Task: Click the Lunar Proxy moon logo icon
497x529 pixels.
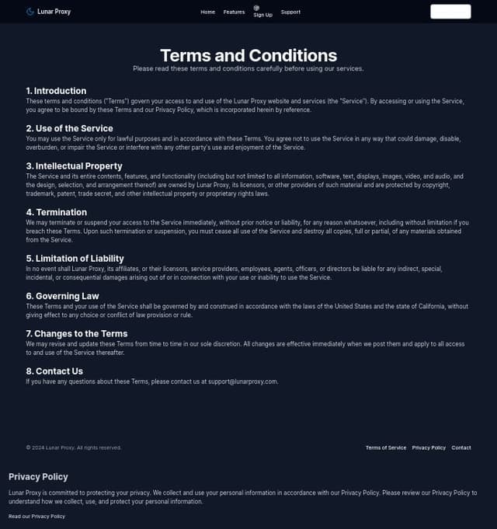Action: pyautogui.click(x=30, y=12)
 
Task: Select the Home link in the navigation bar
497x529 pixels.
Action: pyautogui.click(x=207, y=12)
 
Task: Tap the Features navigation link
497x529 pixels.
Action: pyautogui.click(x=234, y=12)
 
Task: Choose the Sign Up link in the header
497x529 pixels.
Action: pyautogui.click(x=262, y=12)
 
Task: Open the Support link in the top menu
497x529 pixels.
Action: pyautogui.click(x=290, y=12)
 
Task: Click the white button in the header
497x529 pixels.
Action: pyautogui.click(x=450, y=12)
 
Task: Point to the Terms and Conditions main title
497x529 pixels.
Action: pyautogui.click(x=248, y=55)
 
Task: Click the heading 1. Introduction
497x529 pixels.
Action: pyautogui.click(x=56, y=91)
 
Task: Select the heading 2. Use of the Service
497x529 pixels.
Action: pyautogui.click(x=69, y=128)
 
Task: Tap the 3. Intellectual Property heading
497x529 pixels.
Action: pyautogui.click(x=74, y=165)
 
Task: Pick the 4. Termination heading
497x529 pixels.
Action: pyautogui.click(x=56, y=212)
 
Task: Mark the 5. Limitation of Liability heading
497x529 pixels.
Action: pyautogui.click(x=75, y=259)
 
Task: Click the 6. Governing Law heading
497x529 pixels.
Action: pyautogui.click(x=62, y=296)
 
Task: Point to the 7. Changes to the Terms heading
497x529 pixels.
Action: pyautogui.click(x=76, y=333)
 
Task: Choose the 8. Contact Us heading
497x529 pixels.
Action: pyautogui.click(x=54, y=371)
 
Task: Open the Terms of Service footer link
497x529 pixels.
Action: pyautogui.click(x=386, y=447)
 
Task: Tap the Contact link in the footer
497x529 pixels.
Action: pyautogui.click(x=461, y=447)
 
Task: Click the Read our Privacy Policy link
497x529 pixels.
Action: pyautogui.click(x=36, y=516)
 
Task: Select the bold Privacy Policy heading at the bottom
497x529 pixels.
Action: pyautogui.click(x=38, y=476)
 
